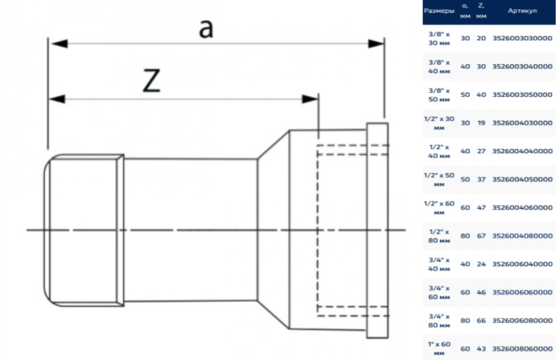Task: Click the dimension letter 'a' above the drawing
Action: click(x=206, y=28)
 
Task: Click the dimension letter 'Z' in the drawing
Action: click(x=151, y=81)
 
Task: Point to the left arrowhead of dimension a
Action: click(x=59, y=44)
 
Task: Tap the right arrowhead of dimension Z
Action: click(x=310, y=99)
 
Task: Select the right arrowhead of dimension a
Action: click(x=376, y=44)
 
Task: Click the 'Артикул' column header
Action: click(x=522, y=11)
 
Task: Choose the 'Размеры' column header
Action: click(x=439, y=11)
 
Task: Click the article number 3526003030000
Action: click(x=522, y=38)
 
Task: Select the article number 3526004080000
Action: click(x=522, y=236)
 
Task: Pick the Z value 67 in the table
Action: click(x=481, y=236)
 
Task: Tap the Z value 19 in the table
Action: click(x=481, y=123)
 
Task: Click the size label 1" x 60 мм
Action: click(x=439, y=349)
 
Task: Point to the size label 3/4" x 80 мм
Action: click(x=439, y=320)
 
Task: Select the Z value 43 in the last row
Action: click(x=481, y=349)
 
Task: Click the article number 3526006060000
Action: click(x=522, y=292)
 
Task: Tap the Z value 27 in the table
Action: click(x=481, y=151)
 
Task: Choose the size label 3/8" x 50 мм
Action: click(x=439, y=95)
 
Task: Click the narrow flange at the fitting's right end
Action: click(x=377, y=230)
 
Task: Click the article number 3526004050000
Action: click(x=522, y=179)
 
